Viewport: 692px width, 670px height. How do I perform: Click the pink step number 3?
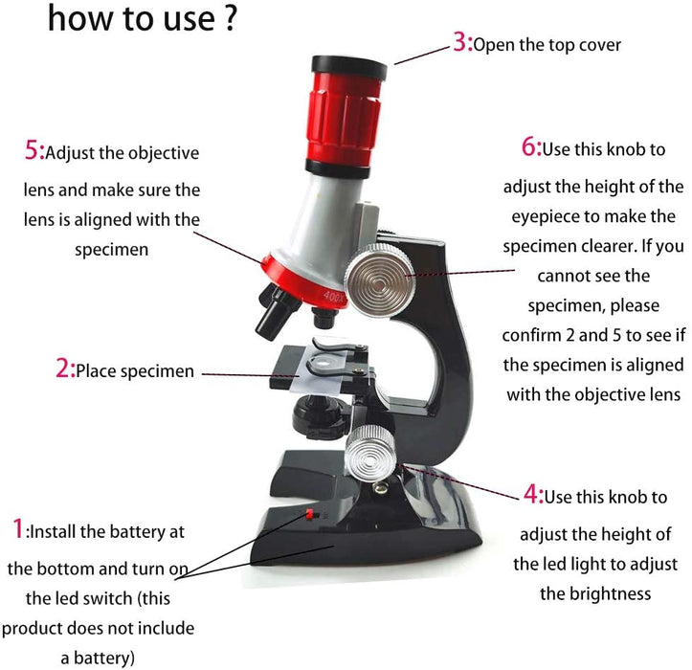click(x=460, y=43)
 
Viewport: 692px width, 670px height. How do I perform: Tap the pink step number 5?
click(x=32, y=150)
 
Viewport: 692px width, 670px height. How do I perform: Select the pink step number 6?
click(x=528, y=146)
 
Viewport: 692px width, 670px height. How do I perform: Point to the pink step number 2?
click(x=62, y=368)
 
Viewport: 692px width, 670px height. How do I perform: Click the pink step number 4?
click(x=531, y=494)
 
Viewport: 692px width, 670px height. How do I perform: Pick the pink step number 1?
click(x=17, y=528)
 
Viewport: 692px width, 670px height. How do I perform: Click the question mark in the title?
click(x=230, y=19)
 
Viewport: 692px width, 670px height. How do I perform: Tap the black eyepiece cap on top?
click(x=349, y=67)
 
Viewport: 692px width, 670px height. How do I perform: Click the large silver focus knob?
click(x=379, y=279)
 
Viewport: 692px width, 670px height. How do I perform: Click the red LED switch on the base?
click(x=309, y=513)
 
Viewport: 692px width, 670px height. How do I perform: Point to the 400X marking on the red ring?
click(x=333, y=296)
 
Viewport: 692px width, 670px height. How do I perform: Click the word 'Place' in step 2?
click(x=96, y=370)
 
